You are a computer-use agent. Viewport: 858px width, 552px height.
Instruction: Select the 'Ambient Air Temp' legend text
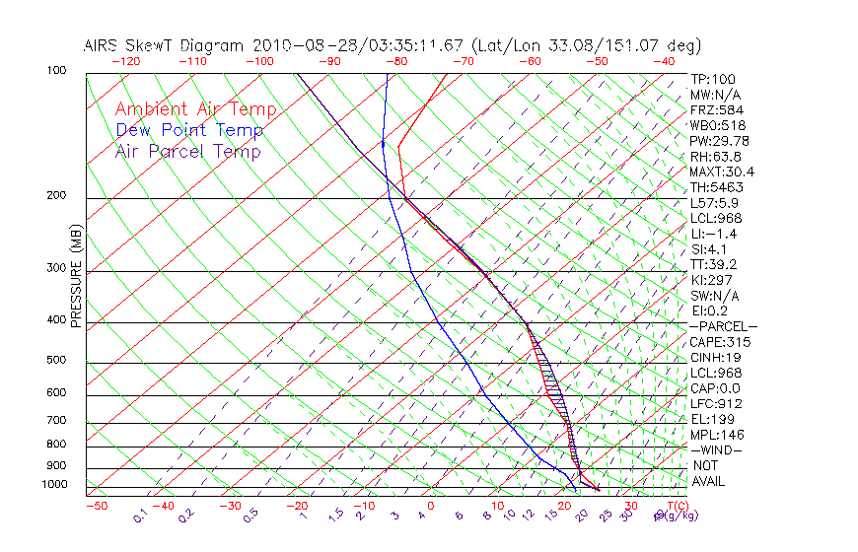pyautogui.click(x=195, y=109)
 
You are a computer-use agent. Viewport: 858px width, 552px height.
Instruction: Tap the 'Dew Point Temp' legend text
pyautogui.click(x=189, y=130)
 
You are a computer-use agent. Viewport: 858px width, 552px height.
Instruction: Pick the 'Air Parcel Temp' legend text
pyautogui.click(x=187, y=151)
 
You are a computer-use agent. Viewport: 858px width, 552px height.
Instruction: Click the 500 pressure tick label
pyautogui.click(x=57, y=361)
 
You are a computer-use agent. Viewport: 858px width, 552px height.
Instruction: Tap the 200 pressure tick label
pyautogui.click(x=57, y=195)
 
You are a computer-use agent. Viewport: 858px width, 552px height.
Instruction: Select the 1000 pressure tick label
pyautogui.click(x=54, y=484)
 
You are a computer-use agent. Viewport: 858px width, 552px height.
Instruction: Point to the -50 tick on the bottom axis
pyautogui.click(x=96, y=507)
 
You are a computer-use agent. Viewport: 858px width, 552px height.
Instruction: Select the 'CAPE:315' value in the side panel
pyautogui.click(x=720, y=342)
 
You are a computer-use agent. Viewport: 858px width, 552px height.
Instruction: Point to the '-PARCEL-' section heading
pyautogui.click(x=723, y=326)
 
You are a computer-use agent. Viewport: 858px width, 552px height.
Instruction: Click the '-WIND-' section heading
pyautogui.click(x=716, y=449)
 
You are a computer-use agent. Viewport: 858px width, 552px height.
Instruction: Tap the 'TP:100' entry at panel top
pyautogui.click(x=713, y=79)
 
